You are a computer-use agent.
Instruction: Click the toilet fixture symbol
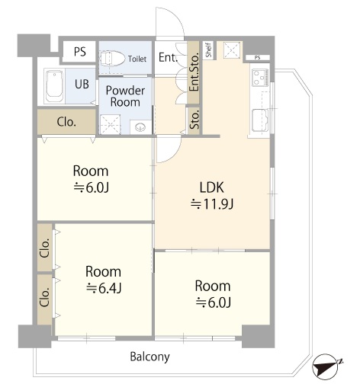point(112,59)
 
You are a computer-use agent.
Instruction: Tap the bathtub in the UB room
point(55,86)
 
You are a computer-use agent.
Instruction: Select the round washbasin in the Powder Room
point(140,127)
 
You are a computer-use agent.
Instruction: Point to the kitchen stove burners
point(260,77)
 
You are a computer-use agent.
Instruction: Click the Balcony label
point(149,357)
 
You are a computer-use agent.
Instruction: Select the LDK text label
point(212,187)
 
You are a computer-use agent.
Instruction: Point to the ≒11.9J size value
point(212,204)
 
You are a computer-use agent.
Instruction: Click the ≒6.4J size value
point(104,288)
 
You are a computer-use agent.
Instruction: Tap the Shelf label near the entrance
point(209,50)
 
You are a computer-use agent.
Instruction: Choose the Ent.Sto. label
point(194,72)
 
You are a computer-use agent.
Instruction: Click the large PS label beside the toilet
point(80,52)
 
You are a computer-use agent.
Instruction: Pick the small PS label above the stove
point(257,58)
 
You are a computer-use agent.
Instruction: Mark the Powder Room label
point(125,96)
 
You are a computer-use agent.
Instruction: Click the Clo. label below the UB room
point(66,122)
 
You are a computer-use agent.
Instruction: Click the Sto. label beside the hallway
point(194,120)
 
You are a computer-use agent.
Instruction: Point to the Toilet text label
point(137,59)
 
